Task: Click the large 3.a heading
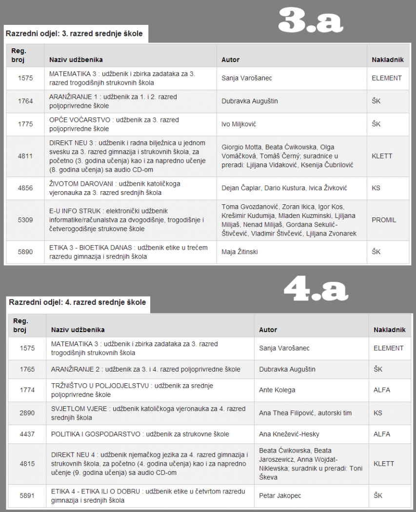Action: [311, 20]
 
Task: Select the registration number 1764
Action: [25, 101]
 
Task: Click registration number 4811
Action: [25, 156]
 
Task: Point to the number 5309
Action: [25, 220]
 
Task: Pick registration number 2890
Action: [27, 413]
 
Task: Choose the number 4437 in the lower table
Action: [27, 434]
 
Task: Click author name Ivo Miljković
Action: [238, 124]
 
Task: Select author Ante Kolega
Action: [277, 390]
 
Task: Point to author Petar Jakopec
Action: [280, 496]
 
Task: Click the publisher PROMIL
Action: [383, 220]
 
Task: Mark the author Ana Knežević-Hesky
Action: [290, 434]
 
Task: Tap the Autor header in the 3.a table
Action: [231, 60]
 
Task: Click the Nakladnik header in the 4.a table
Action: [389, 330]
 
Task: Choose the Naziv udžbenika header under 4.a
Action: [78, 330]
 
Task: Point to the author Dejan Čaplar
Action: [239, 188]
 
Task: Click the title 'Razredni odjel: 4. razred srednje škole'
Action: [77, 302]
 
